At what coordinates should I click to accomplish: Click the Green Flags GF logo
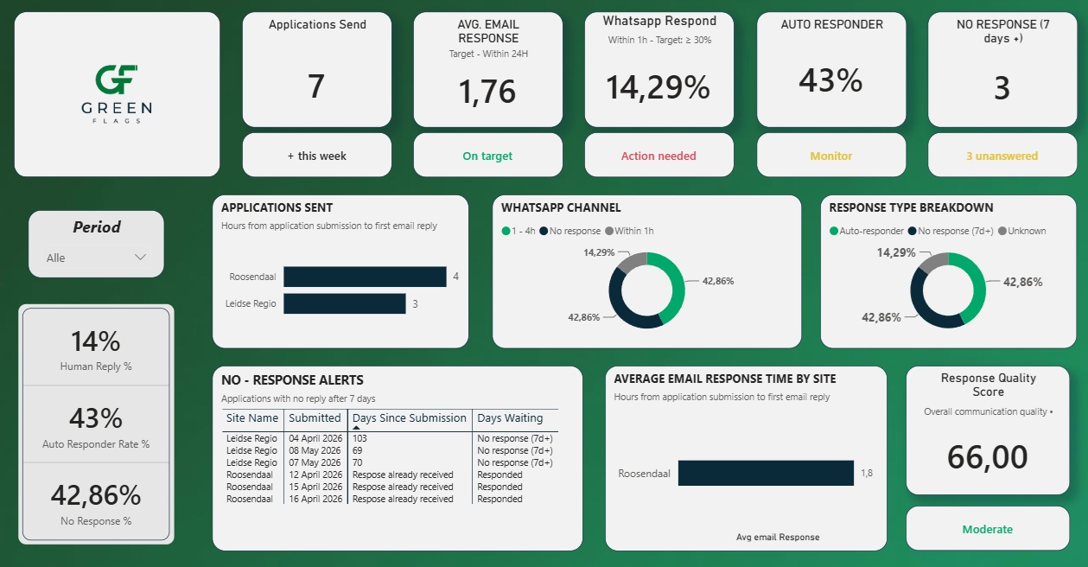[117, 93]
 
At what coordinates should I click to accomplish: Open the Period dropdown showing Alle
[96, 258]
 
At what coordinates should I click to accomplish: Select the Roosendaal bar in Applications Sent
[365, 277]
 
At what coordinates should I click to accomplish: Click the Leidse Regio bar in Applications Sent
[344, 303]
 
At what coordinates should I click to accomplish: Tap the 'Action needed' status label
[659, 156]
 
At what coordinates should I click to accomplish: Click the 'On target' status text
[487, 156]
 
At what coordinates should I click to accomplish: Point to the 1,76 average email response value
[487, 92]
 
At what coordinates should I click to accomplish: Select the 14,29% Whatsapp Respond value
[659, 87]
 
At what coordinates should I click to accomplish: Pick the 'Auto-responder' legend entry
[867, 231]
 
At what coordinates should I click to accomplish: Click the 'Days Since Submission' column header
[409, 417]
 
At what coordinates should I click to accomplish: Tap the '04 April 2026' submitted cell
[315, 438]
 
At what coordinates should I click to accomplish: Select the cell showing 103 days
[359, 438]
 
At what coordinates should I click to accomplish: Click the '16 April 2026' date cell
[315, 499]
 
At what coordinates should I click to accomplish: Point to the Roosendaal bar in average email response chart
[766, 474]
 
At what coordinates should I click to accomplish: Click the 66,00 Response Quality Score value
[988, 457]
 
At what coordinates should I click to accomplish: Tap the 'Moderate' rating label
[988, 529]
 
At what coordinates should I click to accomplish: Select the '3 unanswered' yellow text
[1002, 156]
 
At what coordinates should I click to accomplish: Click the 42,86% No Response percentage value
[96, 495]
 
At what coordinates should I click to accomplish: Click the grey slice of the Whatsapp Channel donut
[632, 261]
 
